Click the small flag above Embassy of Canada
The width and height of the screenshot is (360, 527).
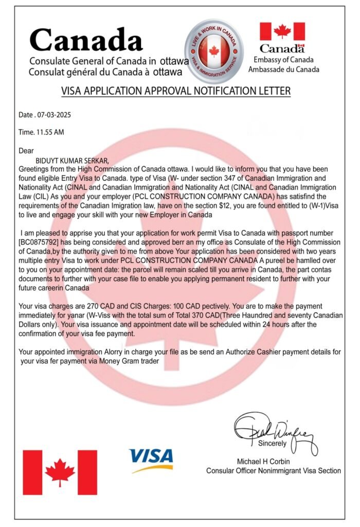click(x=282, y=31)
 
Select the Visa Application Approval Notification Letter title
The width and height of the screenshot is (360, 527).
click(x=176, y=91)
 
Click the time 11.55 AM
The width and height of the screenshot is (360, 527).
click(x=49, y=132)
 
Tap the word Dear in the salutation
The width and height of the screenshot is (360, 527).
click(x=26, y=151)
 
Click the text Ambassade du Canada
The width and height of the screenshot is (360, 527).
click(x=283, y=69)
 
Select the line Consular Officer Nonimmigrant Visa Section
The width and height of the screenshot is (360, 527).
click(x=273, y=470)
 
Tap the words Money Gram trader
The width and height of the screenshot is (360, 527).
click(x=129, y=361)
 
